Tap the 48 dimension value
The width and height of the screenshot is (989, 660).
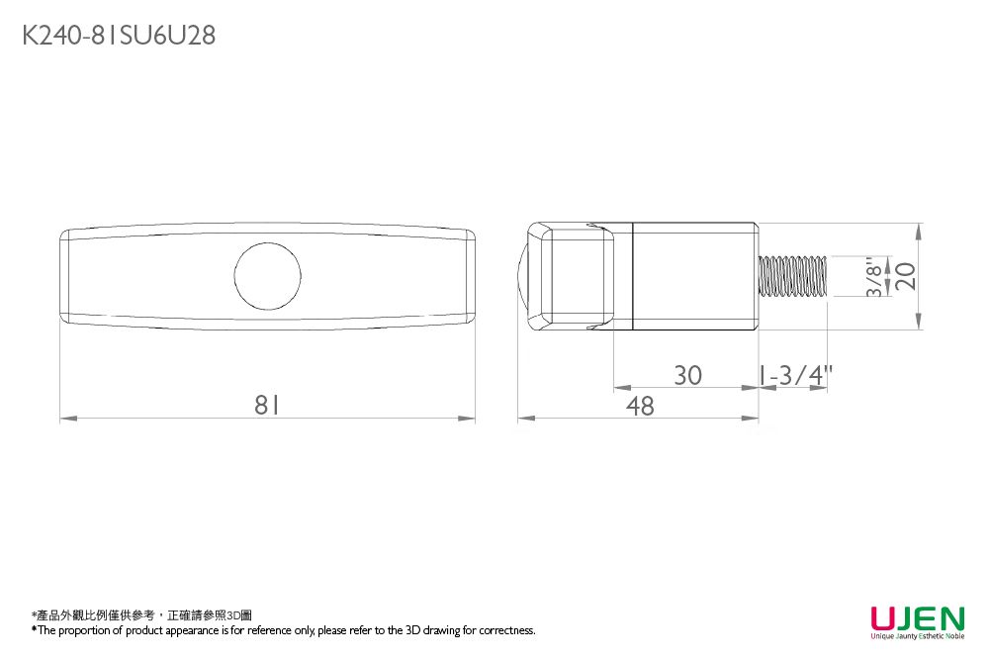point(640,406)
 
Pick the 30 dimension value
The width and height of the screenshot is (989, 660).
point(687,376)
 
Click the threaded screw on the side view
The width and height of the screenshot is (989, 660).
point(792,275)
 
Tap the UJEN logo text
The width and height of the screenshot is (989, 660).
point(917,619)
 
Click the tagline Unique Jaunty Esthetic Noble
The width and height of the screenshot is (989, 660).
point(917,636)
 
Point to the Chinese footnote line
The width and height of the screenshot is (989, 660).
point(141,615)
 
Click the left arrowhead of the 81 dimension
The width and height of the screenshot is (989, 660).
point(65,420)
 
